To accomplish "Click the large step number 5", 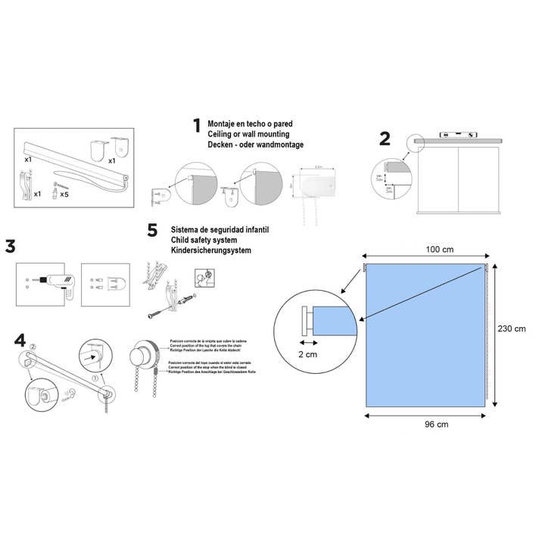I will click(152, 230).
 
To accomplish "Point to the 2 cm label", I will click(307, 353).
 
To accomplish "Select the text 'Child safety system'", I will click(205, 239).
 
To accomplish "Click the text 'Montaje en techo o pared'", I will click(250, 123).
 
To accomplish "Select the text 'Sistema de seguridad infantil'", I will click(220, 229).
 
